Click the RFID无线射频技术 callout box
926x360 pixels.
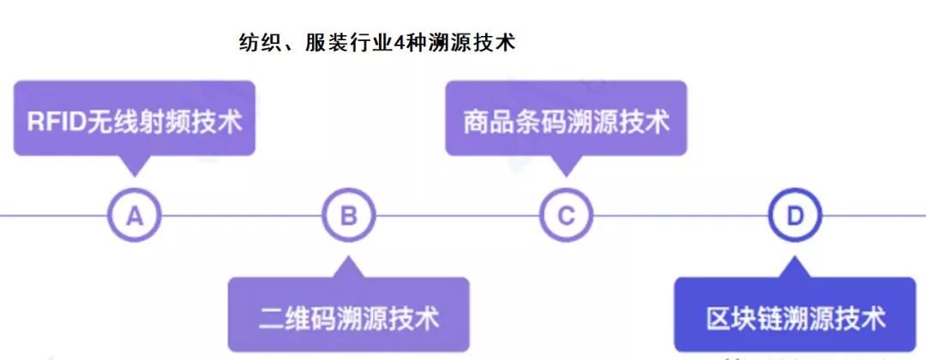[x=135, y=119]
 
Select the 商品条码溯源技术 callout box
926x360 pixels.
[x=566, y=119]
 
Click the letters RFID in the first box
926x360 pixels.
[x=56, y=120]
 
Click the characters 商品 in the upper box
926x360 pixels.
[x=484, y=120]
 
